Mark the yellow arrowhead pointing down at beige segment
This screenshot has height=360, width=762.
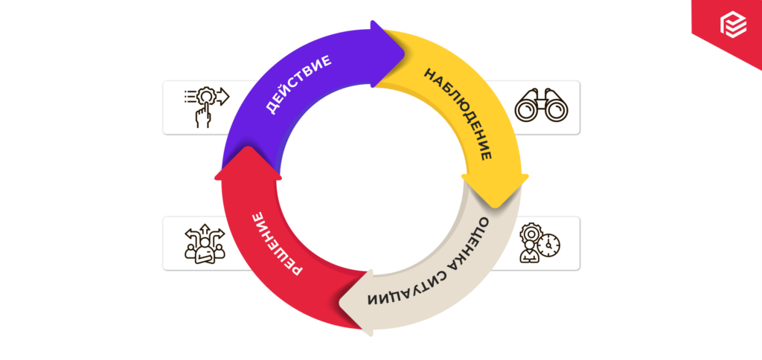(x=495, y=189)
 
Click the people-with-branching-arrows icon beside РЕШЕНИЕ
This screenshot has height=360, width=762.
(x=203, y=243)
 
